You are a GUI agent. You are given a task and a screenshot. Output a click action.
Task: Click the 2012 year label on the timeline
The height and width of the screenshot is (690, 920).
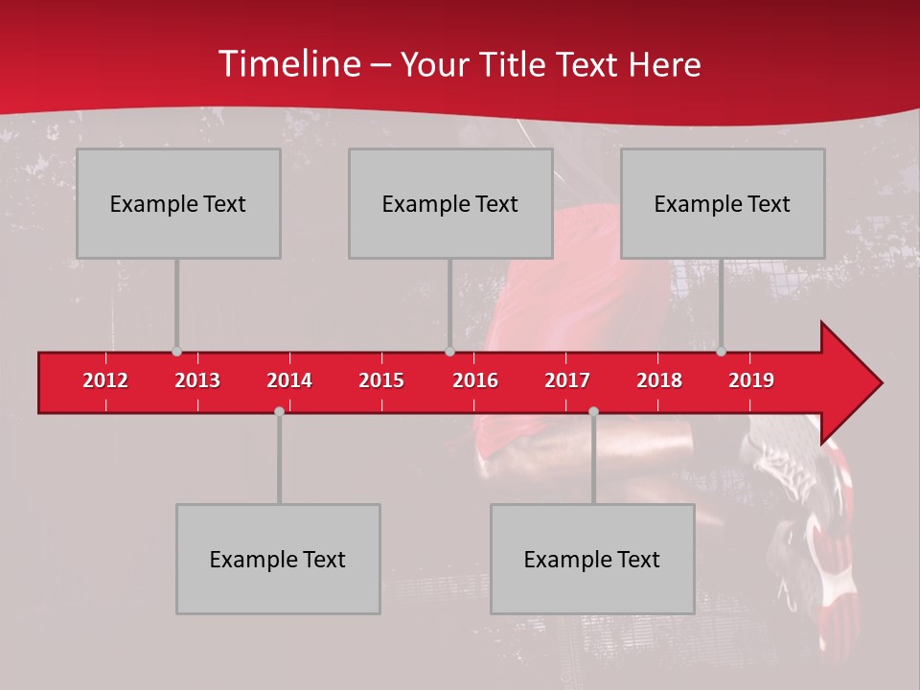(x=105, y=380)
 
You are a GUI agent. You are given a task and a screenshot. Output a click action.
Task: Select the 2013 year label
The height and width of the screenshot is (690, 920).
(x=197, y=380)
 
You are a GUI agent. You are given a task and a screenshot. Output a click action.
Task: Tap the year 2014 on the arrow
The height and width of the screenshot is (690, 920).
(x=289, y=380)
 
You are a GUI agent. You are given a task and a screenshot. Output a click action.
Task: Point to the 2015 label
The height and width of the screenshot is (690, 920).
(x=381, y=380)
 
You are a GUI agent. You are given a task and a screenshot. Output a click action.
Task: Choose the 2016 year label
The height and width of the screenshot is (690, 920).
(x=475, y=380)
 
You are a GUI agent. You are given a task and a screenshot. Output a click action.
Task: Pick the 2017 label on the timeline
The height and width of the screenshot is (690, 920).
(x=567, y=380)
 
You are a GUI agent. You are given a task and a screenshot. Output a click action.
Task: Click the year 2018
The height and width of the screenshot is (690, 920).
(x=659, y=380)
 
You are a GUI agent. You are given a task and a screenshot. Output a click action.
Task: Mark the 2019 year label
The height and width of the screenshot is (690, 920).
(x=751, y=380)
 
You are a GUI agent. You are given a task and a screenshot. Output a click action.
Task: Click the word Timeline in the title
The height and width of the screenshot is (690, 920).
(x=288, y=64)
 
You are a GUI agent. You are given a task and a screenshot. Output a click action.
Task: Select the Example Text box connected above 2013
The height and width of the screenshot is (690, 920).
(x=178, y=203)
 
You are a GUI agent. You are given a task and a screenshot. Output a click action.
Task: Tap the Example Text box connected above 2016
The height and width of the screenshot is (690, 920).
(x=450, y=203)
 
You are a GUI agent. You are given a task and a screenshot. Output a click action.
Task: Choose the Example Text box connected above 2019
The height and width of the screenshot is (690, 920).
(x=723, y=203)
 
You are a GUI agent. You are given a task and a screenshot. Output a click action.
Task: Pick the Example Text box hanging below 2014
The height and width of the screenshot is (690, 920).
(x=278, y=559)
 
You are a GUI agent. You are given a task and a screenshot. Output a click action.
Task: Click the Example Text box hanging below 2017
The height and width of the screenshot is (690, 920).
(x=592, y=559)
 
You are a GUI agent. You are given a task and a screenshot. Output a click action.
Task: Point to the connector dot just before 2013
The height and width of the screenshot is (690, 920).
(x=176, y=352)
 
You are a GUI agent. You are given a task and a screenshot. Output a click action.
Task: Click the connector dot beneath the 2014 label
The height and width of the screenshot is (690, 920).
(x=279, y=411)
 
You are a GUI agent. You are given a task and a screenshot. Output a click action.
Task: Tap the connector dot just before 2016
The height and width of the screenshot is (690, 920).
(x=449, y=352)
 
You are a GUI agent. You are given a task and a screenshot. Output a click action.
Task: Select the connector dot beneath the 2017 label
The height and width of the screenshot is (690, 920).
(x=593, y=411)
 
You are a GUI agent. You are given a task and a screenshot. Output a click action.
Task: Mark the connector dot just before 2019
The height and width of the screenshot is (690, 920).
(x=721, y=352)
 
